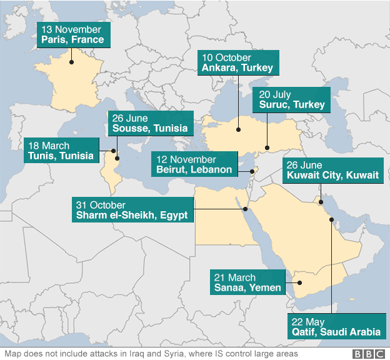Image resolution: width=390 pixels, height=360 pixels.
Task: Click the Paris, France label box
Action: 73,34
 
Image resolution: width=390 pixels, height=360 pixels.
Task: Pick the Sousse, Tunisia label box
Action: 150,123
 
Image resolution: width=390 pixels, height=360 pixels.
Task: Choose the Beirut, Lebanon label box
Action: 194,164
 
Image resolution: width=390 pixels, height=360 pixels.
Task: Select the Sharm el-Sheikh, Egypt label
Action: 133,210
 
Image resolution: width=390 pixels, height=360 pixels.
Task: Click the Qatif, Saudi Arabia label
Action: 336,327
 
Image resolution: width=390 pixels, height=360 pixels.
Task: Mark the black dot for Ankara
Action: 238,130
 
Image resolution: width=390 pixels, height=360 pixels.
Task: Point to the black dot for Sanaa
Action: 299,283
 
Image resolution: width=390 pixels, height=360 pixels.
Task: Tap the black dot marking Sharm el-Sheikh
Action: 245,209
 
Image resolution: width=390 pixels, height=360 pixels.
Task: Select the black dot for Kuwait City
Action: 321,201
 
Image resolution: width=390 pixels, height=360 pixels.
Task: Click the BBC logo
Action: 369,354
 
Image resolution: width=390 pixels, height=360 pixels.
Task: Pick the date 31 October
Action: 100,205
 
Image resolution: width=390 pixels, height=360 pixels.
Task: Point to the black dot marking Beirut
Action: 252,171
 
